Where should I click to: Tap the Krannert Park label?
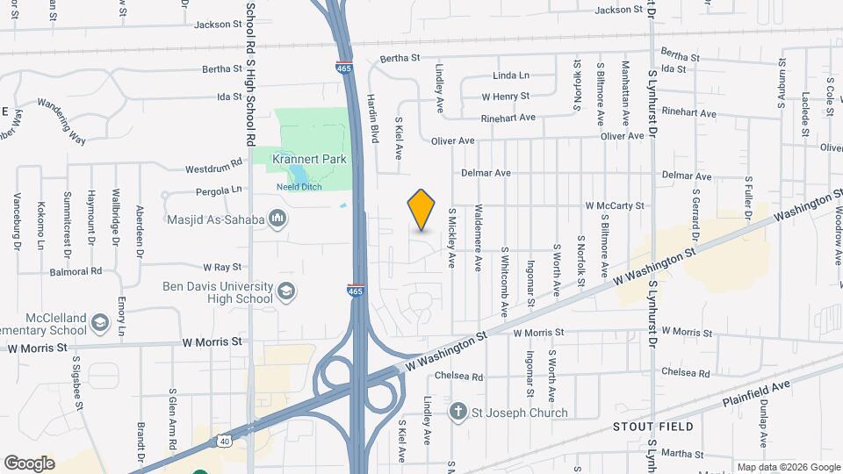[308, 159]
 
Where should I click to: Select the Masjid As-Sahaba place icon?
[278, 218]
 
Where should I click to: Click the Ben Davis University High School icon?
[286, 291]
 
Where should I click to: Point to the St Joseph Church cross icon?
[458, 412]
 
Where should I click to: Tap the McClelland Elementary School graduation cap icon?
[100, 324]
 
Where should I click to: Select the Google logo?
[29, 463]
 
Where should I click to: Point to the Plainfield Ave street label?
[757, 392]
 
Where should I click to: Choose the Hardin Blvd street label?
[372, 118]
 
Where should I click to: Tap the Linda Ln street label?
[511, 75]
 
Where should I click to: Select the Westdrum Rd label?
[213, 167]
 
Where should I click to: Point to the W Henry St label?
[505, 97]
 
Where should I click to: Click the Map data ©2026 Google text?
[788, 467]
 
